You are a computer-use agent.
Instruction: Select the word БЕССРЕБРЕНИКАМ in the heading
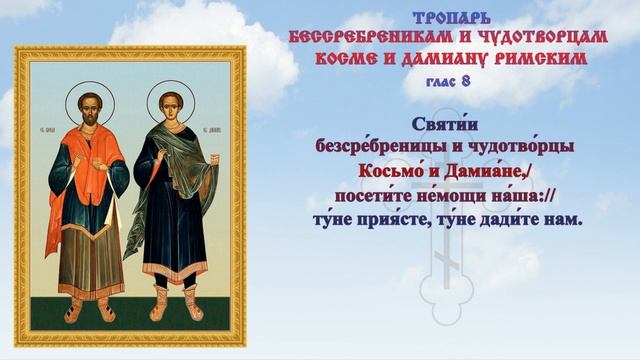tap(350, 37)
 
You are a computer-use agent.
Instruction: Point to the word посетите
tap(374, 193)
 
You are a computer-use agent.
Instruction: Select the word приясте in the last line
tap(404, 216)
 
